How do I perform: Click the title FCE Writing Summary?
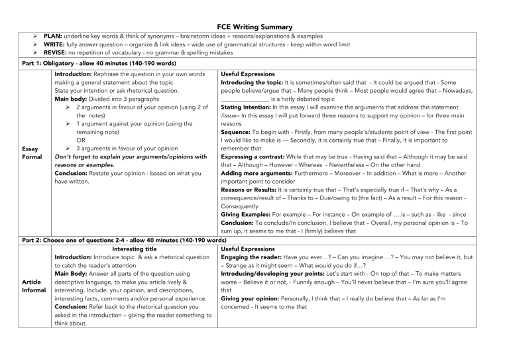click(x=254, y=25)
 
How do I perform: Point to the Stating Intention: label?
click(x=247, y=107)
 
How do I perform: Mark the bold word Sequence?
click(x=237, y=132)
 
